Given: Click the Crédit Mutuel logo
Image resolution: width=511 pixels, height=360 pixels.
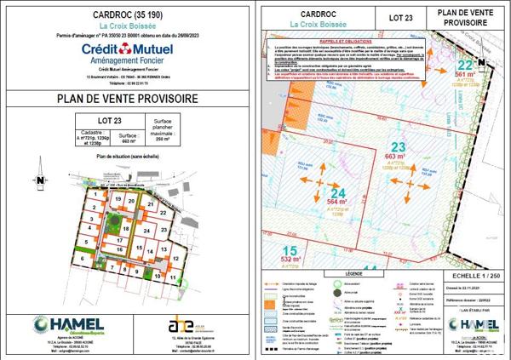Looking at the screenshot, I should pos(128,56).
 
